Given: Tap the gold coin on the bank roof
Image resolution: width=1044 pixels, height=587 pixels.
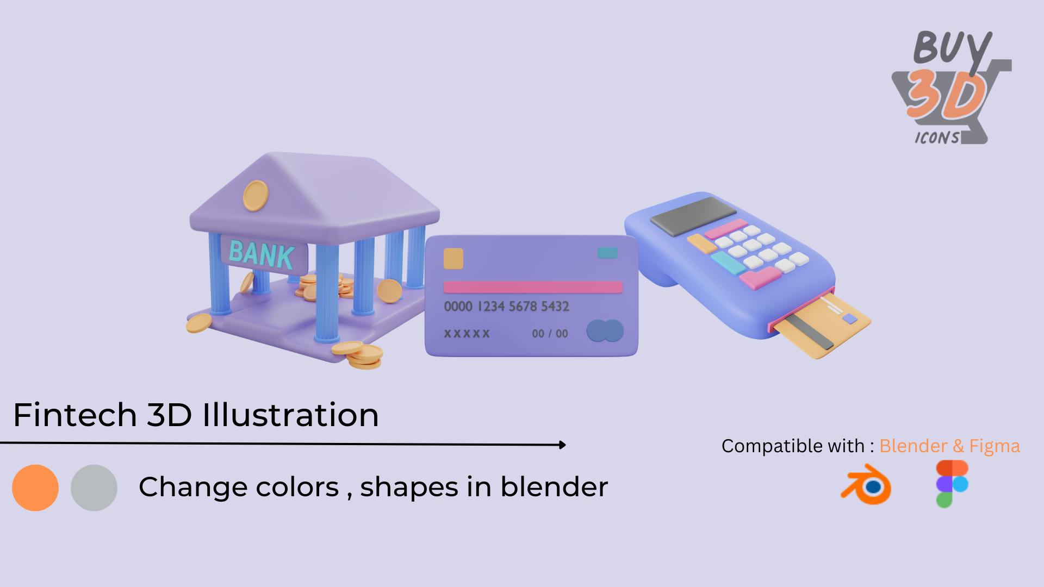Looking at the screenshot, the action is (x=256, y=195).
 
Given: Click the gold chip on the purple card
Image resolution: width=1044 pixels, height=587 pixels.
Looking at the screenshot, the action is (x=453, y=259).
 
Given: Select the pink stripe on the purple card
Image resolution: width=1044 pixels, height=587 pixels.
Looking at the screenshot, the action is (x=533, y=287).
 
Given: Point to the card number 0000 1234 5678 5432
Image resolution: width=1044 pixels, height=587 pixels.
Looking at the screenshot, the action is (x=507, y=307).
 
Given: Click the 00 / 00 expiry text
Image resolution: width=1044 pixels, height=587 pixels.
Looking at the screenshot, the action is (x=550, y=333).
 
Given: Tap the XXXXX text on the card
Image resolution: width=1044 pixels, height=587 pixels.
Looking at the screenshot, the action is (x=467, y=333).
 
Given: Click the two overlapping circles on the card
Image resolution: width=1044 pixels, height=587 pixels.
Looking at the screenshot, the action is (x=605, y=331).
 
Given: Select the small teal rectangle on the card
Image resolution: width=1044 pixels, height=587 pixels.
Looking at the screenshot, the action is (x=607, y=253).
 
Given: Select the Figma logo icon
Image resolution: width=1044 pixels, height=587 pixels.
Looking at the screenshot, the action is (x=952, y=484).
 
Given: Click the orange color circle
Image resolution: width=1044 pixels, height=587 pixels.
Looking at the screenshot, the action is (x=35, y=488).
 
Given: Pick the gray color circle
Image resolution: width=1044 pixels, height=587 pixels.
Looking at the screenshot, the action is (x=94, y=488).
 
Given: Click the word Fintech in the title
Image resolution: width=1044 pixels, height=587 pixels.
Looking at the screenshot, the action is (x=75, y=415).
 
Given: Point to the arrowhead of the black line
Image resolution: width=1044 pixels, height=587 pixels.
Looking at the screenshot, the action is (x=562, y=445).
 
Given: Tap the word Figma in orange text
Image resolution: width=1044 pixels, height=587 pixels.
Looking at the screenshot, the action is (x=995, y=446).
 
